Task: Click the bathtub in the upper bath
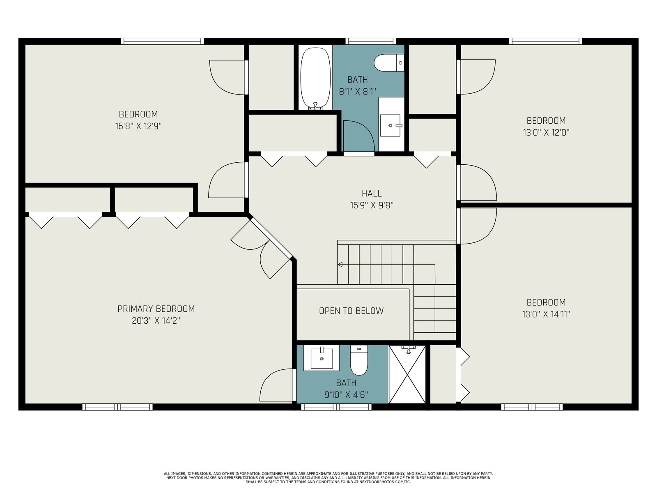(x=315, y=78)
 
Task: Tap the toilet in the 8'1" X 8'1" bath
(x=389, y=62)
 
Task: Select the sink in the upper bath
(x=391, y=125)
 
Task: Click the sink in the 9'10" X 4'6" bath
(x=322, y=358)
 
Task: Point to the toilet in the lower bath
(x=359, y=360)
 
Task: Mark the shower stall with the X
(x=407, y=374)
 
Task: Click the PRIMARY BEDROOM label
(x=156, y=309)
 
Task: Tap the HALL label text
(x=372, y=194)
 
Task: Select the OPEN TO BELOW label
(x=351, y=311)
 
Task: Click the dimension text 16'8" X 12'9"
(x=138, y=126)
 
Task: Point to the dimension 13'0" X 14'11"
(x=546, y=314)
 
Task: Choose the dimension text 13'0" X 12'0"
(x=546, y=132)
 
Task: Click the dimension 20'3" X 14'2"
(x=156, y=321)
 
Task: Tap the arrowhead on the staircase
(x=340, y=264)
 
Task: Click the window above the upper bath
(x=371, y=41)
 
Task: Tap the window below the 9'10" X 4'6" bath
(x=336, y=407)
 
